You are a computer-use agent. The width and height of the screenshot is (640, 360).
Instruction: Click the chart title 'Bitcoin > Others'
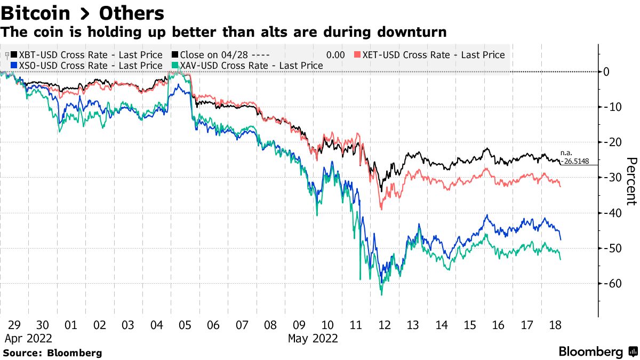click(x=82, y=12)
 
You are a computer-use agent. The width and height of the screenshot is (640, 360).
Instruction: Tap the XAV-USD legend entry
click(x=248, y=66)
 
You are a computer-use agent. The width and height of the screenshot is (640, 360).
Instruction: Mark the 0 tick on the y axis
click(x=606, y=71)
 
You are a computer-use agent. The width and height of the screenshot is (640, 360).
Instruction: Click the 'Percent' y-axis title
click(x=631, y=181)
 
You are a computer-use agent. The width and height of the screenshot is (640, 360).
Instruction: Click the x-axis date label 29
click(x=14, y=325)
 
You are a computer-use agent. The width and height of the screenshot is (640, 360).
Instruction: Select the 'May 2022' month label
click(x=313, y=338)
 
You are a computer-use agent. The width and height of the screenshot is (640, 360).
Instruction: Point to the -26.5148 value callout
click(x=575, y=162)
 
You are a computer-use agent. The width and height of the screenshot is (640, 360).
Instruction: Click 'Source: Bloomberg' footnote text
click(x=52, y=353)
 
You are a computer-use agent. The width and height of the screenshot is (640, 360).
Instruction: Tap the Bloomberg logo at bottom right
click(x=597, y=351)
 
